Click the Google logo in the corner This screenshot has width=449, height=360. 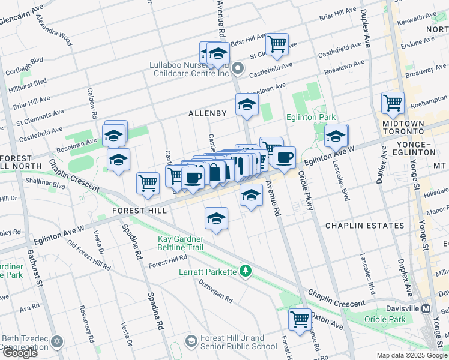pos(19,352)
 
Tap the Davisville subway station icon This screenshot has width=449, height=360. pos(426,308)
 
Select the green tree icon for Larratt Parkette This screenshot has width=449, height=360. pos(245,271)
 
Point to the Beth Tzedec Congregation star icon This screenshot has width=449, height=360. pos(56,341)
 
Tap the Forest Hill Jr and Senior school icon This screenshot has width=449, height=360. pos(191,341)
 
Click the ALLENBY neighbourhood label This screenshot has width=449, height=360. pos(208,113)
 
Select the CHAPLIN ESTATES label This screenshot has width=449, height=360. pos(364,226)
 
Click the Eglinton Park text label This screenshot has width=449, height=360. pos(310,118)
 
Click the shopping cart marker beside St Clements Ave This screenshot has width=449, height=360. pos(277,43)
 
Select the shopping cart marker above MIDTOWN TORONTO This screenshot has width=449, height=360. pos(393,102)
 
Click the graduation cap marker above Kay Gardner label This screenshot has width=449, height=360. pos(216,217)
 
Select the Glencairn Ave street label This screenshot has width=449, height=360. pos(22,9)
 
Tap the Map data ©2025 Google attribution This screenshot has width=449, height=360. pos(412,355)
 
